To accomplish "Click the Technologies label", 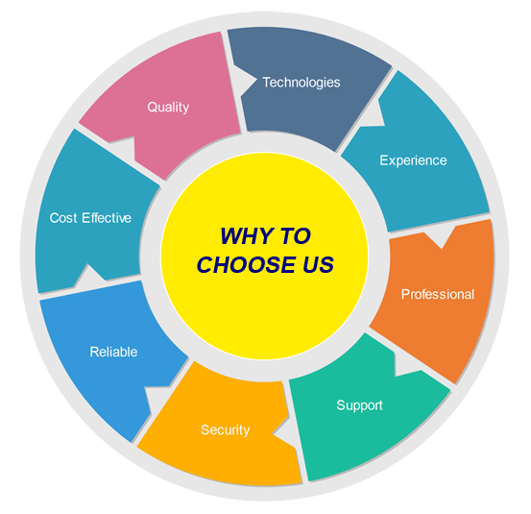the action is pyautogui.click(x=302, y=83).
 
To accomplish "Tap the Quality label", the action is pyautogui.click(x=168, y=108).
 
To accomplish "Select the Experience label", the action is pyautogui.click(x=413, y=160).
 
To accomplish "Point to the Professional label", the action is pyautogui.click(x=438, y=294).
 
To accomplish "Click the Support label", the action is pyautogui.click(x=359, y=405).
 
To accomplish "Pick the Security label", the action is pyautogui.click(x=226, y=430).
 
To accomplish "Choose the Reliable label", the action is pyautogui.click(x=113, y=352).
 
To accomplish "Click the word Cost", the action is pyautogui.click(x=63, y=218).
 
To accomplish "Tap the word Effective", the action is pyautogui.click(x=107, y=218).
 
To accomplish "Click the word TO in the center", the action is pyautogui.click(x=296, y=235).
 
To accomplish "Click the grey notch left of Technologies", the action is pyautogui.click(x=244, y=81).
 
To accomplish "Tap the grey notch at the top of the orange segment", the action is pyautogui.click(x=440, y=237).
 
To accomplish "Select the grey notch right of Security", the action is pyautogui.click(x=282, y=432).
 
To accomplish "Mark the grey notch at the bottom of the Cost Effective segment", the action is pyautogui.click(x=89, y=275).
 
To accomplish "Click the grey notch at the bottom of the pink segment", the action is pyautogui.click(x=124, y=148).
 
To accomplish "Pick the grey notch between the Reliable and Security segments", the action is pyautogui.click(x=157, y=398).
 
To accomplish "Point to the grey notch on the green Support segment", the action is pyautogui.click(x=405, y=365).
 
